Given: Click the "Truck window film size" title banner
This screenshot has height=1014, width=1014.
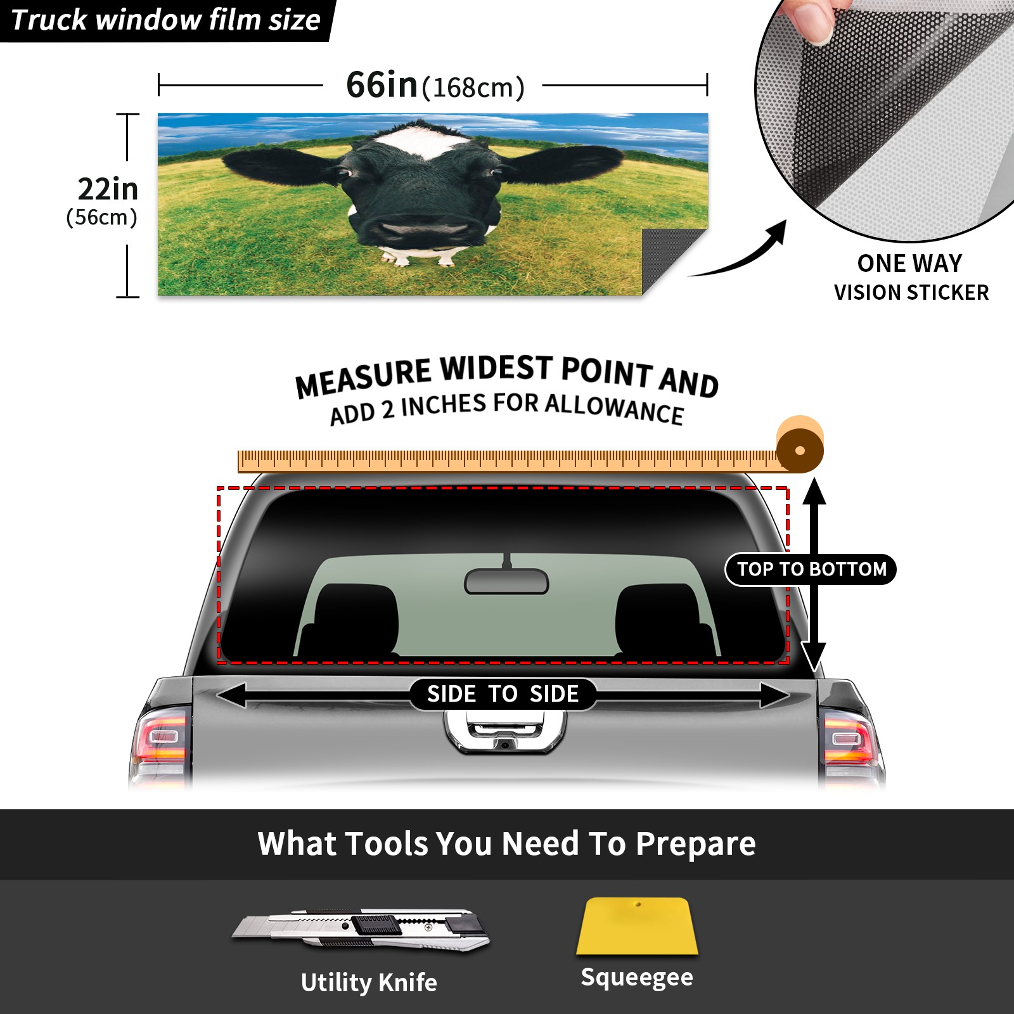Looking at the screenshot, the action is pos(166,20).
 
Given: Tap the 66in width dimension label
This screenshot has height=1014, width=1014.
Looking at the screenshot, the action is pos(435,86).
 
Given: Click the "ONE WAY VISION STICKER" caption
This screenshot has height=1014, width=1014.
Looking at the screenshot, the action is pos(911,278).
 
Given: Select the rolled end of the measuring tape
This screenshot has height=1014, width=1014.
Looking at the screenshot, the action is pos(800,445).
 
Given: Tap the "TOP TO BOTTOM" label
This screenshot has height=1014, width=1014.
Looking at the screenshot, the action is pos(811,569).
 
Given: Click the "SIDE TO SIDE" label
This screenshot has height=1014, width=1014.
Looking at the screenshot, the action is pos(503,694).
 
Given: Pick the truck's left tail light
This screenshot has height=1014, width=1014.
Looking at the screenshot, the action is pos(162,738).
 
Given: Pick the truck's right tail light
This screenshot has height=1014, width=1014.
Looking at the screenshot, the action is pos(851,738).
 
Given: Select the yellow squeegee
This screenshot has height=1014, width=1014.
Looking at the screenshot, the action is pos(637,926).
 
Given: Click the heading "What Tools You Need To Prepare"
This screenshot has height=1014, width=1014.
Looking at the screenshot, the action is pos(506,844).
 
